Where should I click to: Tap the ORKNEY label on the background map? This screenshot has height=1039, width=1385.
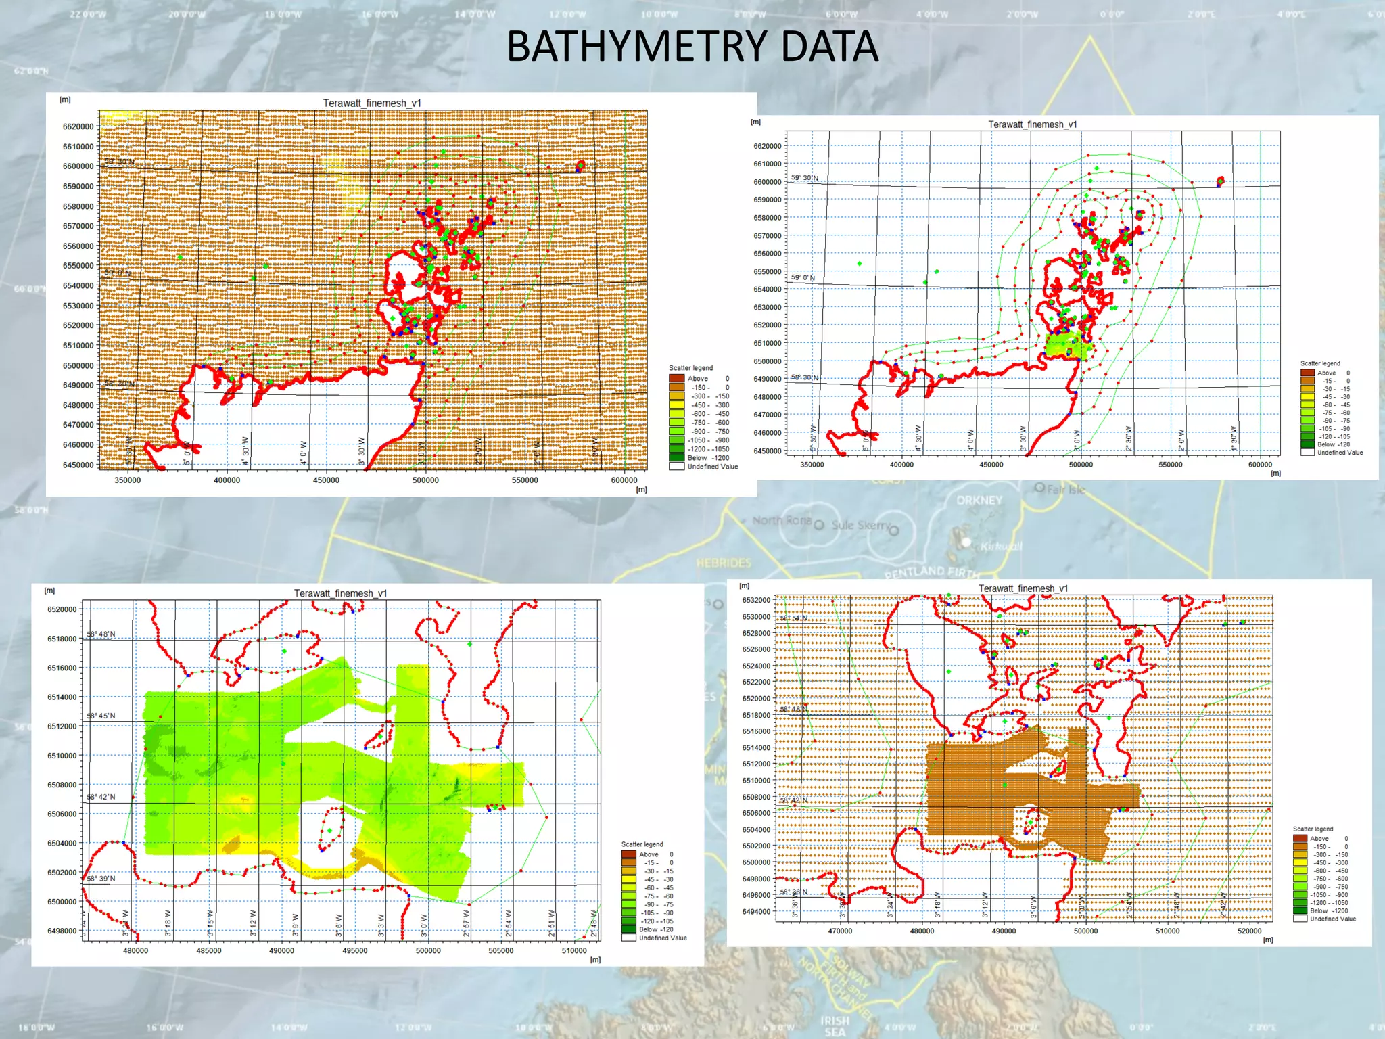pyautogui.click(x=979, y=500)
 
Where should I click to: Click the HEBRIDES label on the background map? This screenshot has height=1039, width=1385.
pyautogui.click(x=724, y=563)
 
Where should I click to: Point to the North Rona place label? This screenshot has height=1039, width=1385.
pyautogui.click(x=782, y=520)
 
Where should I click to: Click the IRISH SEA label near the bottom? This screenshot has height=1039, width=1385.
pyautogui.click(x=835, y=1025)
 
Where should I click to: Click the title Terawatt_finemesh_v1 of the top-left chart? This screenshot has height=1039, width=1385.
pyautogui.click(x=372, y=103)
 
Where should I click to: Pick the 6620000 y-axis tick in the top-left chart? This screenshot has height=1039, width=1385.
pyautogui.click(x=78, y=126)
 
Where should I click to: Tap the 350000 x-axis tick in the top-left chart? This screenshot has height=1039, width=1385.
pyautogui.click(x=128, y=480)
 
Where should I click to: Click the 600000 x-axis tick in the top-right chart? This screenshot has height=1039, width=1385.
pyautogui.click(x=1260, y=465)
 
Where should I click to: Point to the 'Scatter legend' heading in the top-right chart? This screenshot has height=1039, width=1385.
pyautogui.click(x=1320, y=363)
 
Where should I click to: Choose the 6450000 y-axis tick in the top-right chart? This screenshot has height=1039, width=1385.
pyautogui.click(x=768, y=451)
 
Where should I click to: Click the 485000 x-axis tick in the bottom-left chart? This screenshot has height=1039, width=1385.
pyautogui.click(x=208, y=950)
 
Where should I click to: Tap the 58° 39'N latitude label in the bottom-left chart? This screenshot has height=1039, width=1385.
pyautogui.click(x=101, y=878)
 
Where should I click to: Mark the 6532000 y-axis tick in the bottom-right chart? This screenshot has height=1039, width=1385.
pyautogui.click(x=756, y=600)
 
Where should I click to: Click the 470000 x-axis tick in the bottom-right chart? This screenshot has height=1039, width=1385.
pyautogui.click(x=840, y=931)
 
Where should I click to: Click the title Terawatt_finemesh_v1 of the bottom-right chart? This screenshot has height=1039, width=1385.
pyautogui.click(x=1023, y=588)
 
